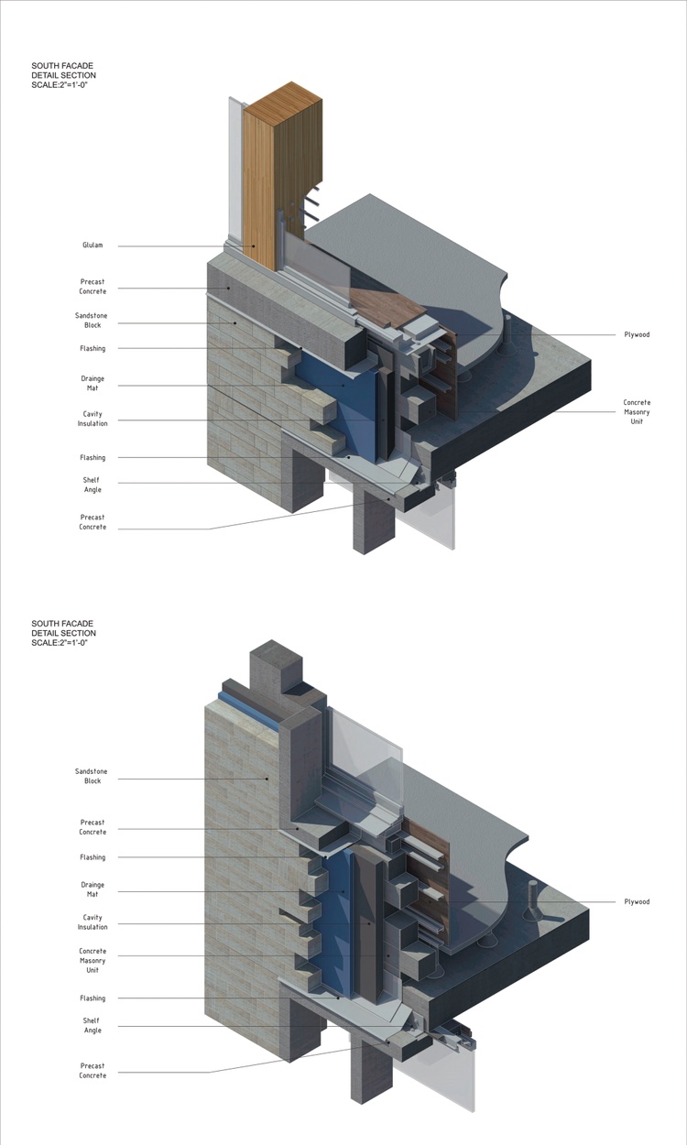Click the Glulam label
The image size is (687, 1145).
point(93,245)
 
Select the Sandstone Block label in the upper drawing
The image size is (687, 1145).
point(93,321)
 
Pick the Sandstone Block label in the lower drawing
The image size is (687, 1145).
point(92,776)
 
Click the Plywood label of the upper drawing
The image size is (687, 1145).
point(637,335)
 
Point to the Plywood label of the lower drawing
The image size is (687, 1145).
point(637,901)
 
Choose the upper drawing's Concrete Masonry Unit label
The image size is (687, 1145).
point(637,412)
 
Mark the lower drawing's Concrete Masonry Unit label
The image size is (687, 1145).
point(93,961)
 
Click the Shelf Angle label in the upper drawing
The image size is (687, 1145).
point(92,485)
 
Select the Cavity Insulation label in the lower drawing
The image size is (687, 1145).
point(93,922)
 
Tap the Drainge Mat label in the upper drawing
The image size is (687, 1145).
point(93,384)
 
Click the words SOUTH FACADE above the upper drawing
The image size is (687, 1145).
point(62,66)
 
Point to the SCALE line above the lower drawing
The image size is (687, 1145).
point(60,642)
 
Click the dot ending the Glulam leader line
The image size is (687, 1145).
point(253,245)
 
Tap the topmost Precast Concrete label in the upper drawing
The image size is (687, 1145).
point(93,286)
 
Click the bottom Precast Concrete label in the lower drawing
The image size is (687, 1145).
point(93,1071)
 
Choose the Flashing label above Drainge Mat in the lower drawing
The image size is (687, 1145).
point(93,857)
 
